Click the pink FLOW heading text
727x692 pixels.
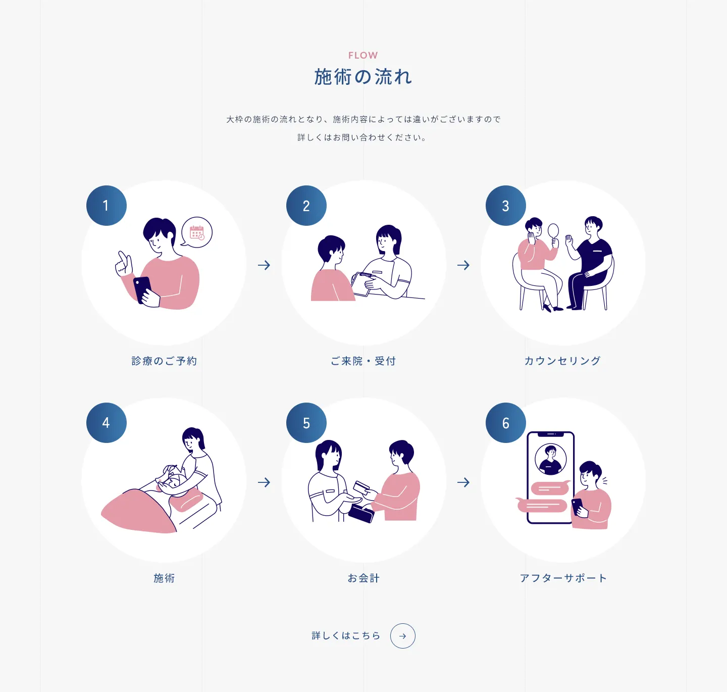point(363,56)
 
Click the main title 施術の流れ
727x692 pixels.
point(363,77)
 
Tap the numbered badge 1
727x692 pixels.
point(107,206)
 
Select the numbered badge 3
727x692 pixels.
point(505,206)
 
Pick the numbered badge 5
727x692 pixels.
point(306,423)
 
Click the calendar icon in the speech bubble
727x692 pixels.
point(197,233)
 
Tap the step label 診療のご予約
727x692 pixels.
point(164,361)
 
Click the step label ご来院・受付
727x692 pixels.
point(363,361)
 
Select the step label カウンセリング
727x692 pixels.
point(562,361)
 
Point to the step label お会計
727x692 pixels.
point(363,578)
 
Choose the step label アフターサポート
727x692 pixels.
point(563,578)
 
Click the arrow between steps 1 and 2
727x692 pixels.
point(264,265)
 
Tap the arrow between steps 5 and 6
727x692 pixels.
point(463,482)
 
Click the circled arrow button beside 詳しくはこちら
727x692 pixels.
point(403,636)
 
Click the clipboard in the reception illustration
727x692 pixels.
point(361,284)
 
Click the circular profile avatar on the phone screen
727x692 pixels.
point(551,459)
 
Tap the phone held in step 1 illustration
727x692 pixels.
point(143,290)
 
